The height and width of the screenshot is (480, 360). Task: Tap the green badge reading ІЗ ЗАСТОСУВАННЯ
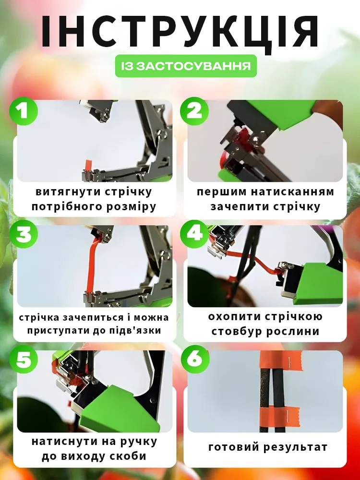click(x=186, y=66)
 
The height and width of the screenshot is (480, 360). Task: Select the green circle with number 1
click(x=24, y=111)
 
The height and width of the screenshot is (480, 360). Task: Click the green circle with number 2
click(x=194, y=111)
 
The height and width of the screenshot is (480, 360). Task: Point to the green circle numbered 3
click(x=24, y=235)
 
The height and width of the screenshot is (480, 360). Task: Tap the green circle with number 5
click(x=24, y=359)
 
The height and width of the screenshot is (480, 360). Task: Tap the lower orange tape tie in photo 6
click(x=280, y=415)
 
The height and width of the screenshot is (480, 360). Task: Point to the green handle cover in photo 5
click(x=120, y=408)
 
